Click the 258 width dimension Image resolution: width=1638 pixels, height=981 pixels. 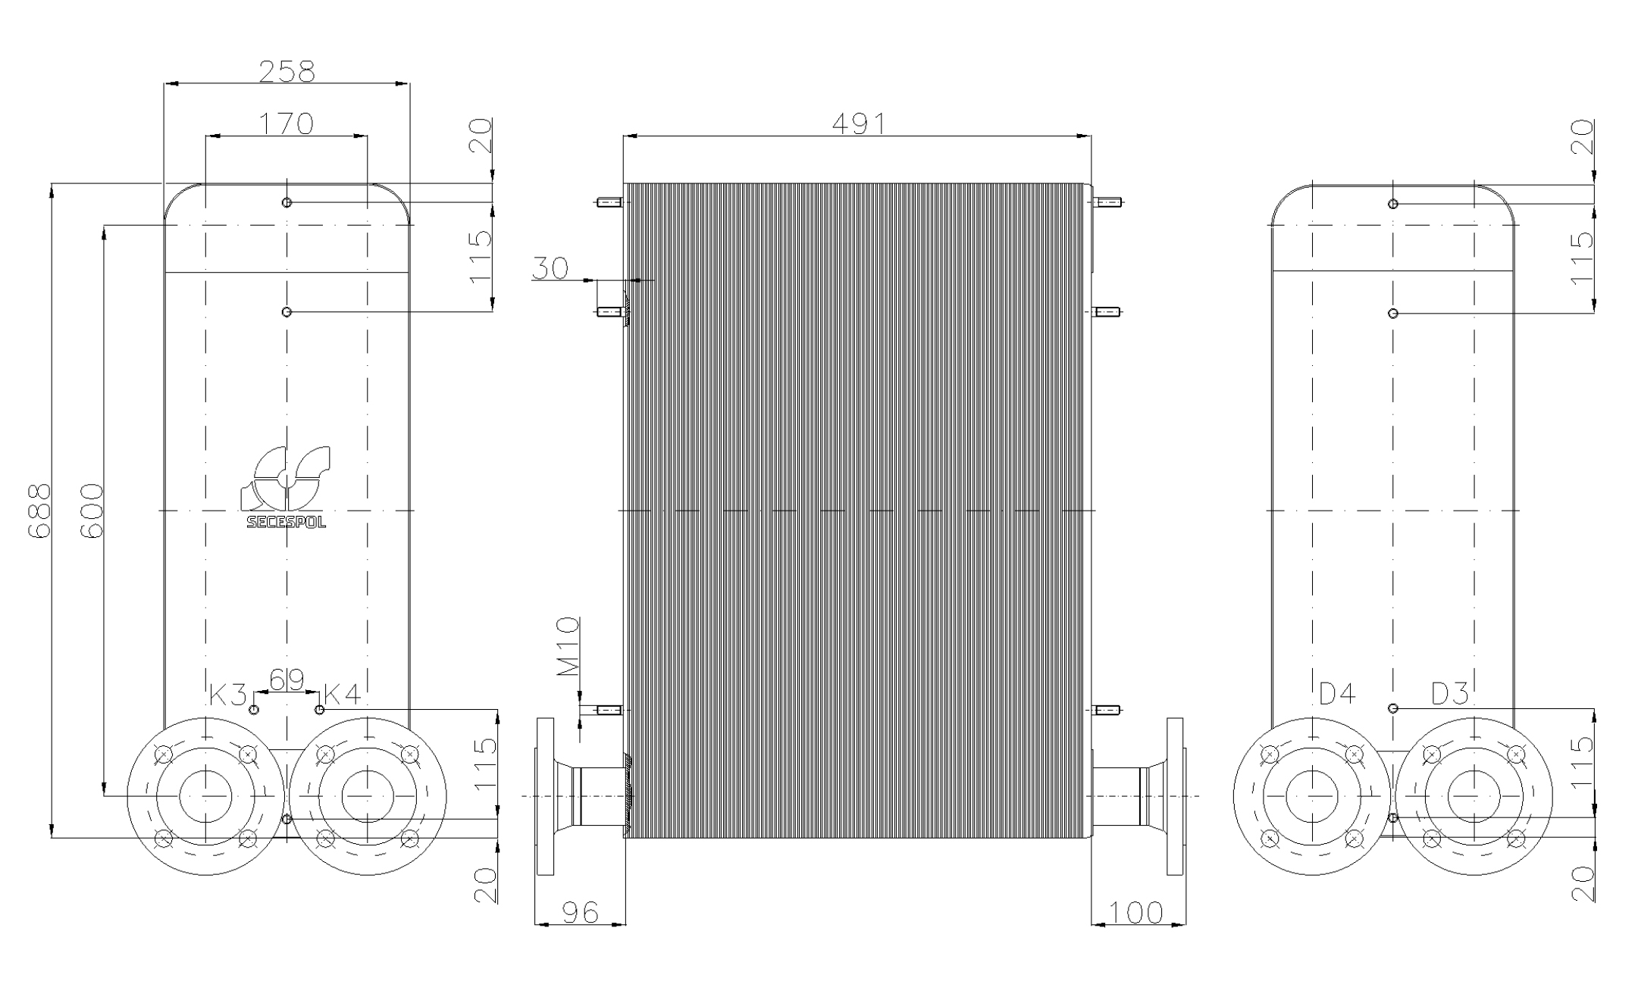[287, 71]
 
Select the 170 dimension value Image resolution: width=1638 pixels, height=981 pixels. [287, 123]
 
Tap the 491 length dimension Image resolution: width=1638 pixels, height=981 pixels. [858, 123]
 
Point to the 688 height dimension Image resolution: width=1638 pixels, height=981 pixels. [39, 511]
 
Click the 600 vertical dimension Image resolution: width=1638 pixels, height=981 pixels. [91, 511]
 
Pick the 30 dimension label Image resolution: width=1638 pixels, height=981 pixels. [550, 268]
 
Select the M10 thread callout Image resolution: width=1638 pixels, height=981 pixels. [568, 646]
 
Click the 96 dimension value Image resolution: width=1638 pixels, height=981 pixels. [581, 912]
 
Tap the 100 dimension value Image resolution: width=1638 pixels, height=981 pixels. [1135, 912]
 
